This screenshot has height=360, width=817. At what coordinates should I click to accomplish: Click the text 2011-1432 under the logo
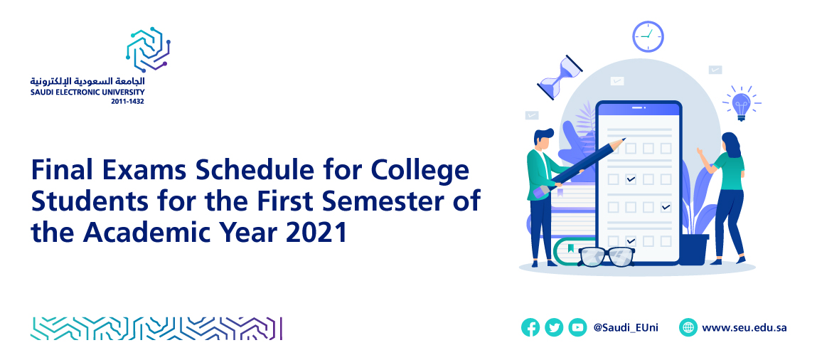pos(127,102)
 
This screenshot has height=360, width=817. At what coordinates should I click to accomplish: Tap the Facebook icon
pos(530,328)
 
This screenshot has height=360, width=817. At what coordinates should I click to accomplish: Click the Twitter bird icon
pos(554,328)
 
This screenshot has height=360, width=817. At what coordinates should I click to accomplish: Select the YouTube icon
pos(577,328)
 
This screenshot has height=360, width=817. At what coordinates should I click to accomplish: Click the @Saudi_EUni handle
pos(625,328)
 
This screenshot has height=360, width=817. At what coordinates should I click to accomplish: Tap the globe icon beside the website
pos(688,328)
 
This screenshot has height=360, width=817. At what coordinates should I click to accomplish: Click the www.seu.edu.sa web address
pos(744,328)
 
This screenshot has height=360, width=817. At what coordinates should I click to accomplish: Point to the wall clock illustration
pos(648,36)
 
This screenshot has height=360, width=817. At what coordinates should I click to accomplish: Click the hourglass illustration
pos(560,78)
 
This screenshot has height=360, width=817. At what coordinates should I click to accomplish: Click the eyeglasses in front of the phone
pos(607,256)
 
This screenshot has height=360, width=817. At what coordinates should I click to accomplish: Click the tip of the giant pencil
pos(624,139)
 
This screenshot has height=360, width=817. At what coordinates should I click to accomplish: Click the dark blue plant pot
pos(694,250)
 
